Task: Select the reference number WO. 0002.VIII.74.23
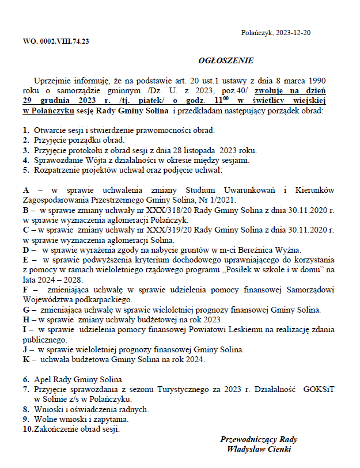click(56, 41)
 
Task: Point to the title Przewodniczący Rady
click(259, 439)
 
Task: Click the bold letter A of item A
click(26, 189)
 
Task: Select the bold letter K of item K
click(26, 359)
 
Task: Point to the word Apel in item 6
click(43, 379)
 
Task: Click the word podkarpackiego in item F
click(105, 299)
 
